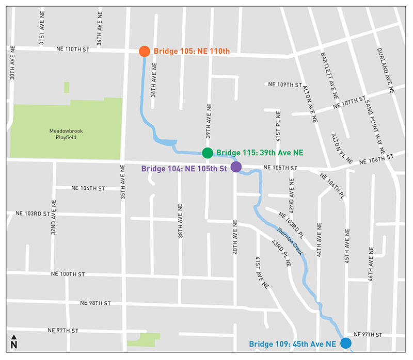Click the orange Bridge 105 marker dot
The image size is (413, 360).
click(145, 51)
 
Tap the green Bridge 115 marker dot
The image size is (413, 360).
click(207, 153)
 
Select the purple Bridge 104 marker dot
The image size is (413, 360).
click(236, 167)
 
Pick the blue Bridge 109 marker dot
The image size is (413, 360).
click(346, 343)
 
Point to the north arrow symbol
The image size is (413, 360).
click(14, 341)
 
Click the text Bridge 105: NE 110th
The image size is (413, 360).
click(192, 51)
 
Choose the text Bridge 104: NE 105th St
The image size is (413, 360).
click(185, 168)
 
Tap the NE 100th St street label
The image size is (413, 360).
click(68, 274)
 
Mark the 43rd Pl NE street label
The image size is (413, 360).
click(281, 252)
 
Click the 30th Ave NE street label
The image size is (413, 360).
click(12, 64)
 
